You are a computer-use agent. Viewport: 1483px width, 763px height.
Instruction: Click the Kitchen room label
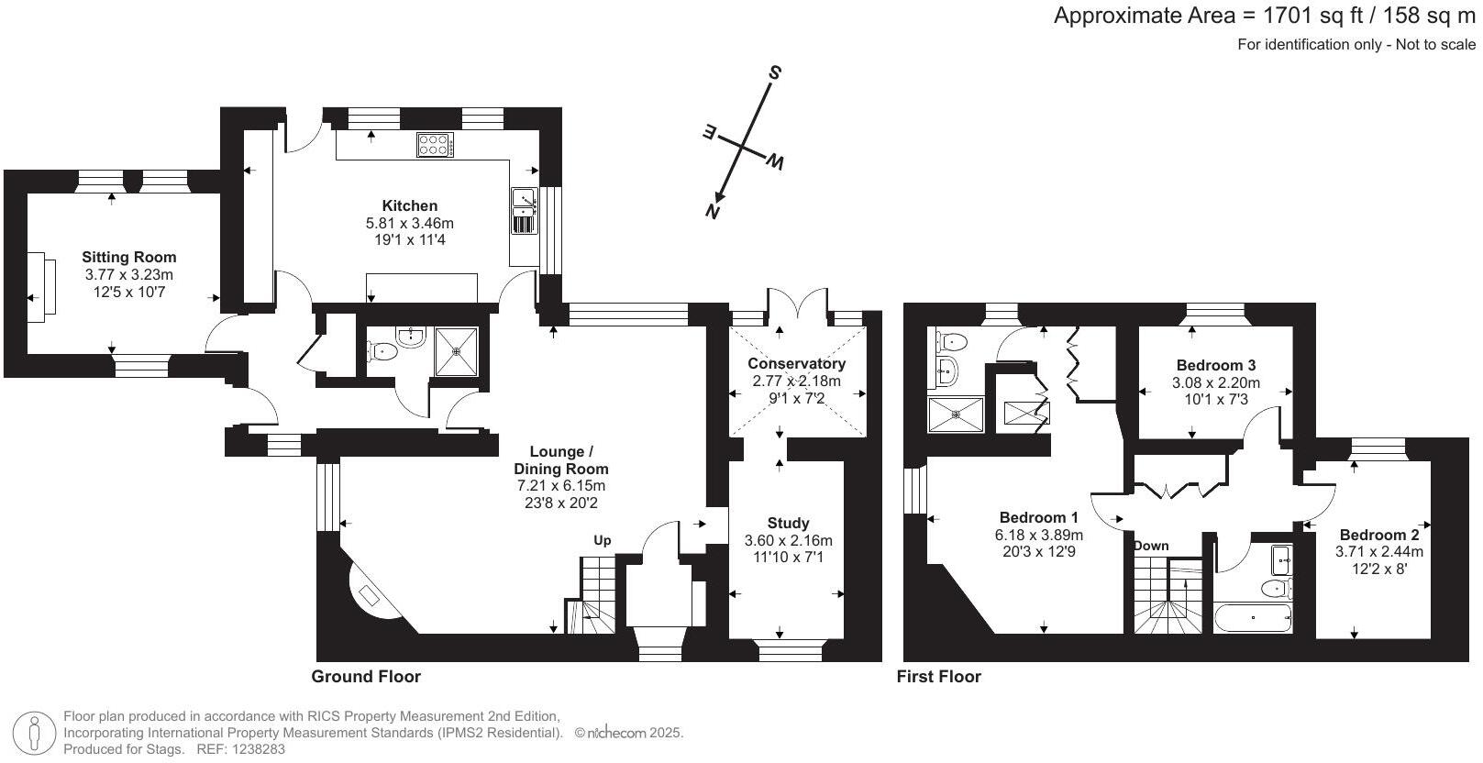pyautogui.click(x=410, y=205)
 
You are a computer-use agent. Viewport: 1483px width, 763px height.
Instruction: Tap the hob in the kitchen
pyautogui.click(x=436, y=144)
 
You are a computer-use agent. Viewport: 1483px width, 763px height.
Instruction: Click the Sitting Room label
pyautogui.click(x=129, y=258)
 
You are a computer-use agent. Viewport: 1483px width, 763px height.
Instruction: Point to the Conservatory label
pyautogui.click(x=797, y=363)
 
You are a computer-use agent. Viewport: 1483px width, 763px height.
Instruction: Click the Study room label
pyautogui.click(x=788, y=524)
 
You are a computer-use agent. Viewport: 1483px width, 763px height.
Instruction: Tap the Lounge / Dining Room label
pyautogui.click(x=562, y=459)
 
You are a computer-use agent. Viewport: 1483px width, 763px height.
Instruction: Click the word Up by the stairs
pyautogui.click(x=602, y=540)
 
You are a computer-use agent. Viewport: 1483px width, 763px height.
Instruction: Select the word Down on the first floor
pyautogui.click(x=1151, y=546)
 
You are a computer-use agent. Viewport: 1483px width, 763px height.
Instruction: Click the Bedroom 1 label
pyautogui.click(x=1039, y=517)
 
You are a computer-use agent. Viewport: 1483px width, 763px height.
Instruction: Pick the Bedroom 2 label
pyautogui.click(x=1379, y=535)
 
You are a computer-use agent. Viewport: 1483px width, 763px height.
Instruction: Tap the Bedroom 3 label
pyautogui.click(x=1216, y=365)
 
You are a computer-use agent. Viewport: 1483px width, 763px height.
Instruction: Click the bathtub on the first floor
pyautogui.click(x=1253, y=618)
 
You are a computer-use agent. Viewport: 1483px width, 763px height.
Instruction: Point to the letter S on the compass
pyautogui.click(x=775, y=72)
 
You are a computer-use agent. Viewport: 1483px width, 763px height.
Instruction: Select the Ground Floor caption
pyautogui.click(x=366, y=677)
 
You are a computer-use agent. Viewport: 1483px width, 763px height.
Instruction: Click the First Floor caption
pyautogui.click(x=938, y=677)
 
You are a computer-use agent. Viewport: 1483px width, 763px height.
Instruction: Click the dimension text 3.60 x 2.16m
pyautogui.click(x=789, y=540)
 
